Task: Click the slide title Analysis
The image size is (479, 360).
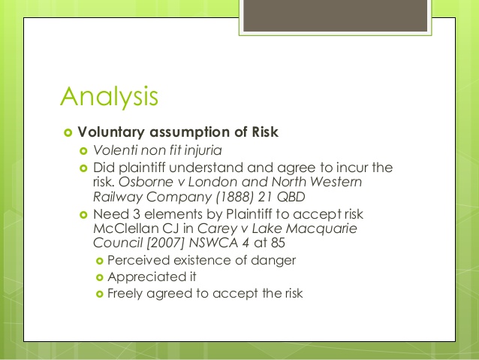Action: tap(109, 97)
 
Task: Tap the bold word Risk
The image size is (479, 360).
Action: tap(265, 132)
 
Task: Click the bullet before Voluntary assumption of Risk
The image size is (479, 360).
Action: tap(68, 133)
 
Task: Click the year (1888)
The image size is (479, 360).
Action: tap(234, 197)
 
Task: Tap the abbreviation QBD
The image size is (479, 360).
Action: tap(291, 197)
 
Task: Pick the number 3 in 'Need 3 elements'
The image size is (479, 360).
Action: tap(137, 214)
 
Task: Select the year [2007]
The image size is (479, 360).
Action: tap(166, 244)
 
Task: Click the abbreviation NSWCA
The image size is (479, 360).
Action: tap(213, 244)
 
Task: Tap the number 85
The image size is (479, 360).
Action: tap(278, 244)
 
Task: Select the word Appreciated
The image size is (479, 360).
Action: tap(142, 277)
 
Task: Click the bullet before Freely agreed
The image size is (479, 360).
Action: tap(100, 294)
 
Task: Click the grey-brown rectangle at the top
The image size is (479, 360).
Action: tap(335, 16)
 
